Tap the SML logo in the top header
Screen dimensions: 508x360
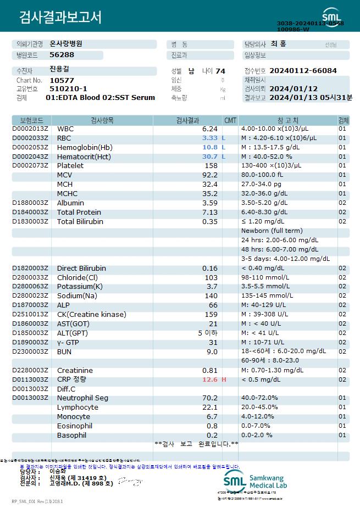(x=331, y=15)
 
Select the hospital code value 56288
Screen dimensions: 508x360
(x=62, y=55)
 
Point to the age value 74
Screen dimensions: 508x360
(x=220, y=71)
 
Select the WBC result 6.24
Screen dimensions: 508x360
(x=210, y=129)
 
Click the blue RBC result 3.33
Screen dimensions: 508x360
(x=210, y=138)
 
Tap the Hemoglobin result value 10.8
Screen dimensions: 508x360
(x=210, y=148)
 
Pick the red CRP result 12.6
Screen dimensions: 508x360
(x=210, y=379)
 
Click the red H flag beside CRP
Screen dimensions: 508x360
(x=224, y=379)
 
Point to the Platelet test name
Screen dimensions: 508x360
(x=70, y=166)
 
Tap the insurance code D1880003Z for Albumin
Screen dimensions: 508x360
(x=30, y=203)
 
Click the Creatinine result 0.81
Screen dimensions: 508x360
(x=210, y=371)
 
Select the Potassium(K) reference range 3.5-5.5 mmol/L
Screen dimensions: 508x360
(x=265, y=287)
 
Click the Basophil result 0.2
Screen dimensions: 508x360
(x=212, y=436)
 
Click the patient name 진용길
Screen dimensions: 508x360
(x=59, y=69)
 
